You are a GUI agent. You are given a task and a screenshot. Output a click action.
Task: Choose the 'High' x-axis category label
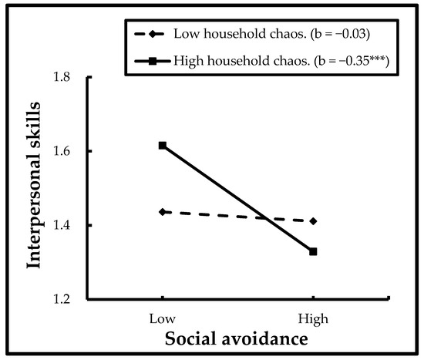[x=312, y=318]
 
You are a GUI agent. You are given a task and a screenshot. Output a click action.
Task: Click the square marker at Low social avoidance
[x=162, y=145]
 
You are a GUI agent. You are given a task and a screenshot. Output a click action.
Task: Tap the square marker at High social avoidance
[x=313, y=251]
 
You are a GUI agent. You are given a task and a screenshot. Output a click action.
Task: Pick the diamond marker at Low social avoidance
[x=162, y=211]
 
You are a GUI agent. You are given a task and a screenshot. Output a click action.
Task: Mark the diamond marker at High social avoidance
[x=313, y=221]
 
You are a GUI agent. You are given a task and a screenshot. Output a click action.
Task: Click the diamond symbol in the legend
[x=156, y=32]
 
